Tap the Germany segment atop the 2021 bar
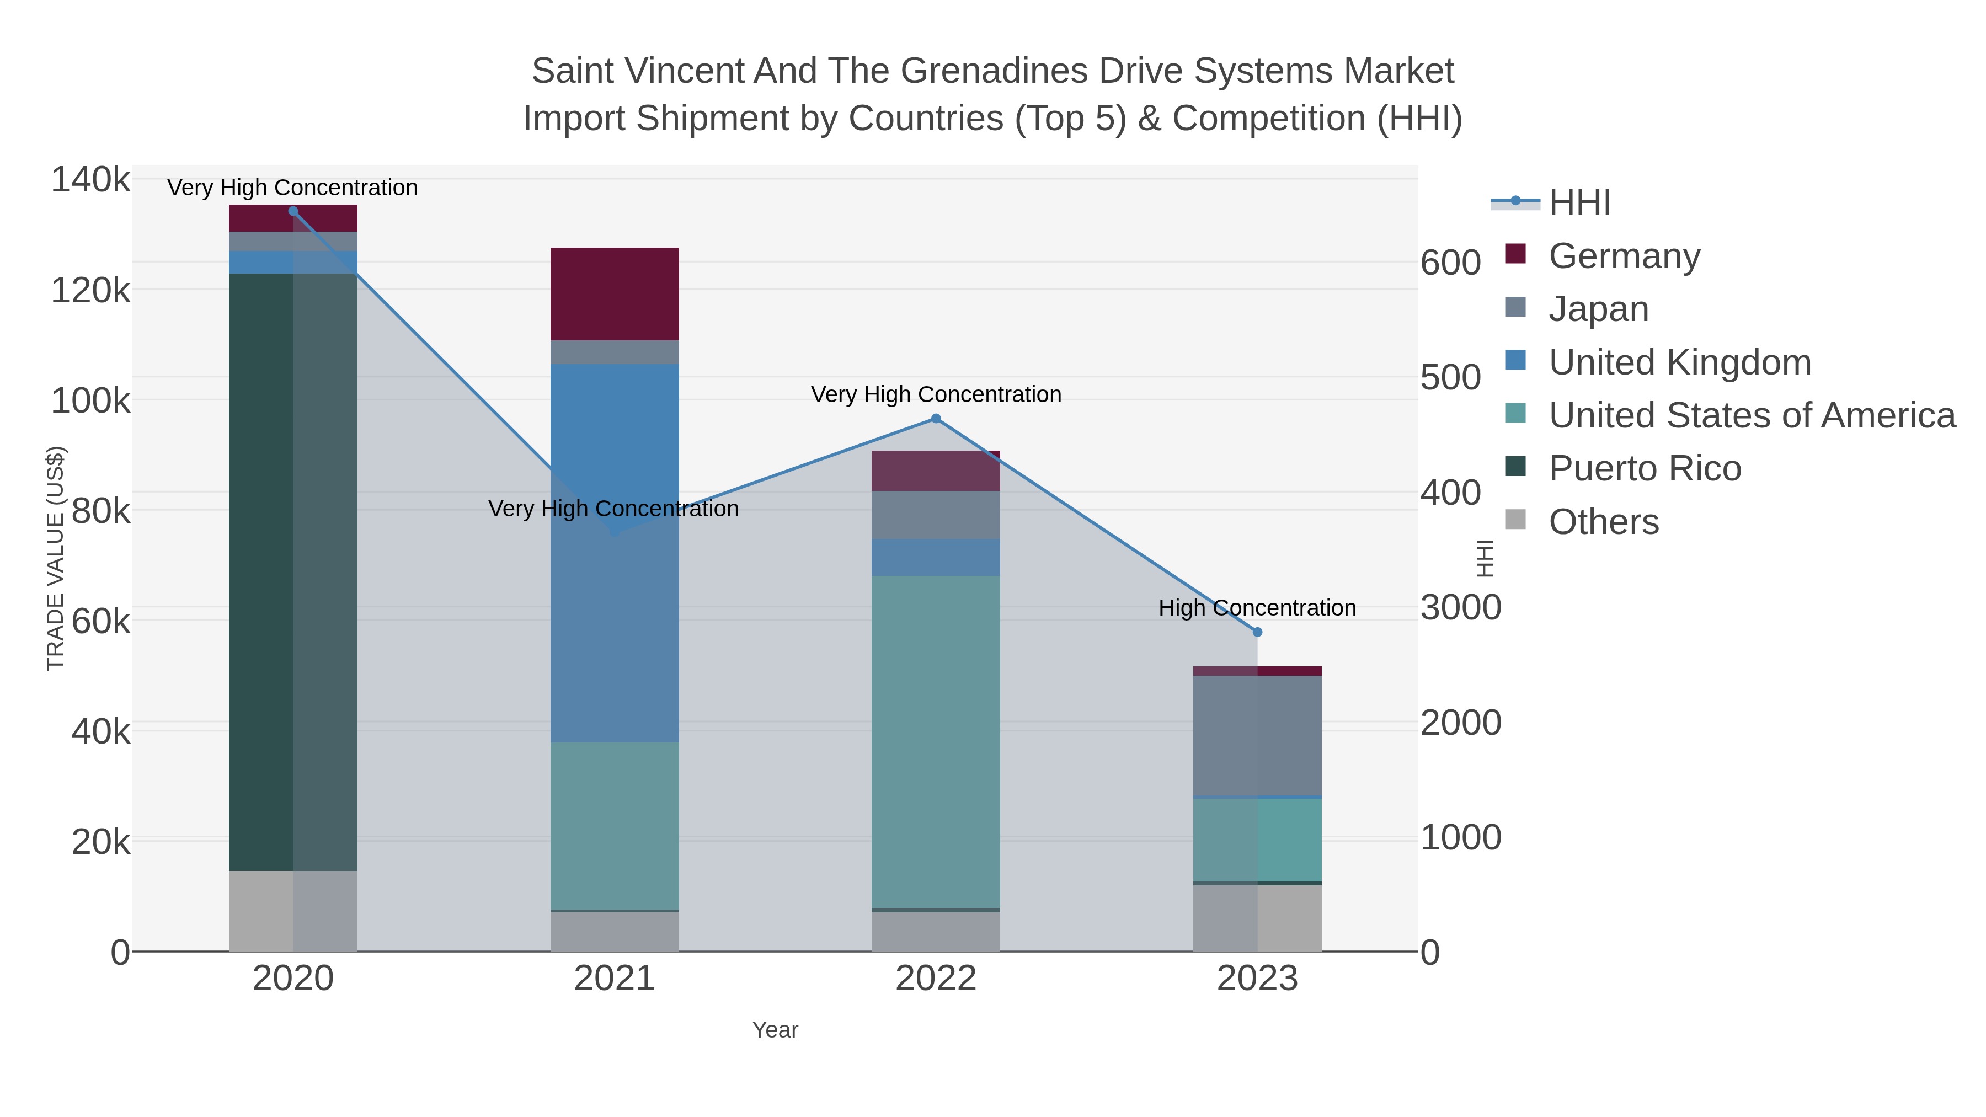pyautogui.click(x=615, y=293)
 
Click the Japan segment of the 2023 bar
pyautogui.click(x=1257, y=735)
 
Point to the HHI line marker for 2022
pyautogui.click(x=936, y=419)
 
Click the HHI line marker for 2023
pyautogui.click(x=1257, y=632)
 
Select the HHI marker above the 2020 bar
pyautogui.click(x=293, y=211)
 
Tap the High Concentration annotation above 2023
pyautogui.click(x=1257, y=608)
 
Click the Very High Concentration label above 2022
pyautogui.click(x=936, y=395)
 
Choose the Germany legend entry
pyautogui.click(x=1624, y=256)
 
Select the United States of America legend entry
pyautogui.click(x=1752, y=415)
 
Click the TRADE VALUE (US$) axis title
pyautogui.click(x=56, y=558)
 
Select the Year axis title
pyautogui.click(x=775, y=1030)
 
